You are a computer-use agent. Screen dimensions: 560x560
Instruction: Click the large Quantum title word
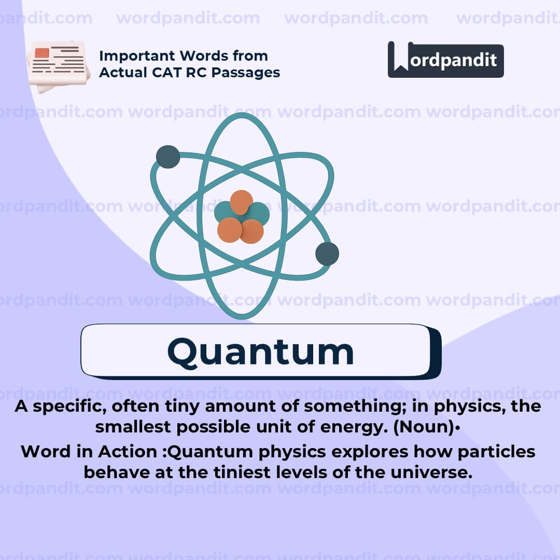point(260,352)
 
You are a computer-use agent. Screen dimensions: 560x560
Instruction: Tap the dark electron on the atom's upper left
point(168,157)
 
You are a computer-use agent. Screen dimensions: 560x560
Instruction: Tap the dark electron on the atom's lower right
point(327,254)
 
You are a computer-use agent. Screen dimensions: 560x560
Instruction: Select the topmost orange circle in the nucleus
point(241,202)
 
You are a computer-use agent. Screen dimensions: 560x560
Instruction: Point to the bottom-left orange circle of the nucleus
point(230,230)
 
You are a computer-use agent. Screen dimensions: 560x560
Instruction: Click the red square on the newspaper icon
point(42,53)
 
